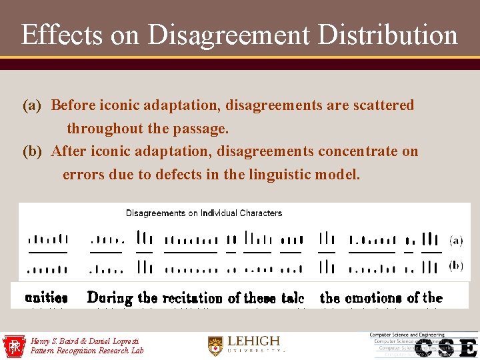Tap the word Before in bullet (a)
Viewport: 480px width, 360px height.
(73, 105)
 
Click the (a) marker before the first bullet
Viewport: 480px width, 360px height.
(32, 105)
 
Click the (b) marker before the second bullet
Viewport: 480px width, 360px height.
(32, 151)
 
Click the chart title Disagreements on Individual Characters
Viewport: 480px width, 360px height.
(204, 213)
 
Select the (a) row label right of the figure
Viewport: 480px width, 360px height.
(456, 239)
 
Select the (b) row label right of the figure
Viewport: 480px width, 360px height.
(456, 265)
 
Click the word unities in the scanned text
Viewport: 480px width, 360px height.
(46, 298)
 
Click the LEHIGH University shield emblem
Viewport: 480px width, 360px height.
(215, 345)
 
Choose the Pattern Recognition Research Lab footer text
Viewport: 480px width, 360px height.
(87, 351)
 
